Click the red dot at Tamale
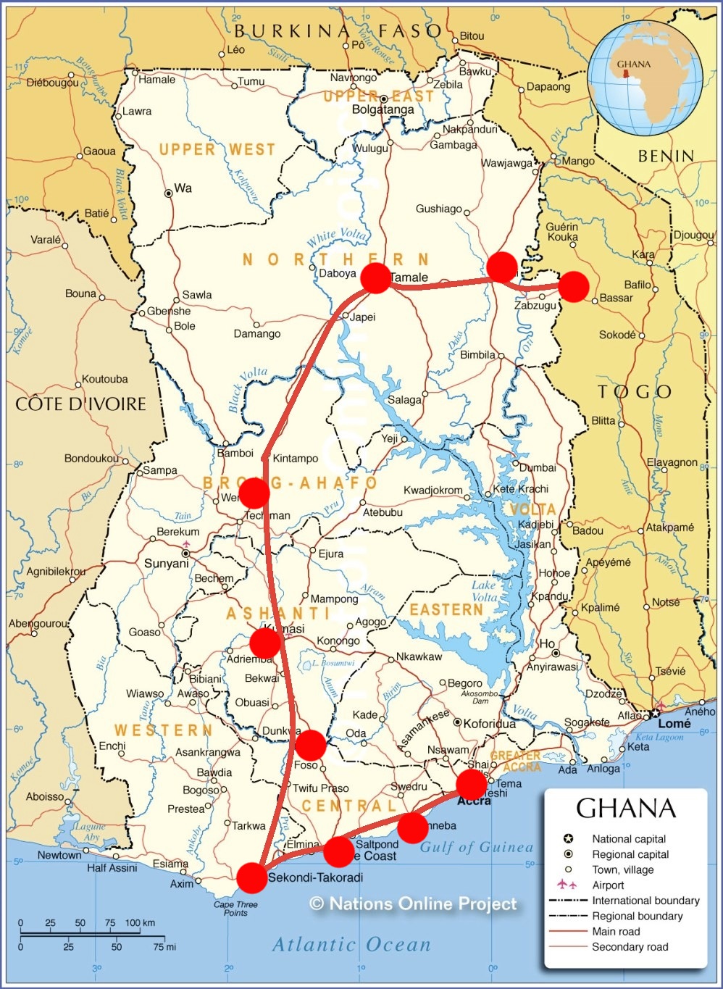coord(375,278)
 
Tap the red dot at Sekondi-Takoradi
coord(251,877)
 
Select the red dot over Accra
coord(471,784)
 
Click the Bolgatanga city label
coord(383,110)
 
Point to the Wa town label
coord(183,188)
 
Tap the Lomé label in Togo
coord(674,723)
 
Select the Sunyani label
coord(166,564)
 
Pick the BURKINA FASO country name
coord(338,30)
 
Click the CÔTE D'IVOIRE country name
coord(81,404)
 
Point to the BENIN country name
coord(666,156)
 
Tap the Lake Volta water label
coord(484,591)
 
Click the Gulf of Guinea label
coord(477,847)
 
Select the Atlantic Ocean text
coord(351,945)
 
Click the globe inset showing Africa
coord(645,78)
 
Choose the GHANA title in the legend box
coord(625,809)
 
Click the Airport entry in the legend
coord(608,885)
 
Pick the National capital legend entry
coord(629,839)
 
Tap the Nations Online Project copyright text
coord(414,904)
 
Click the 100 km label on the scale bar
coord(140,923)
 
